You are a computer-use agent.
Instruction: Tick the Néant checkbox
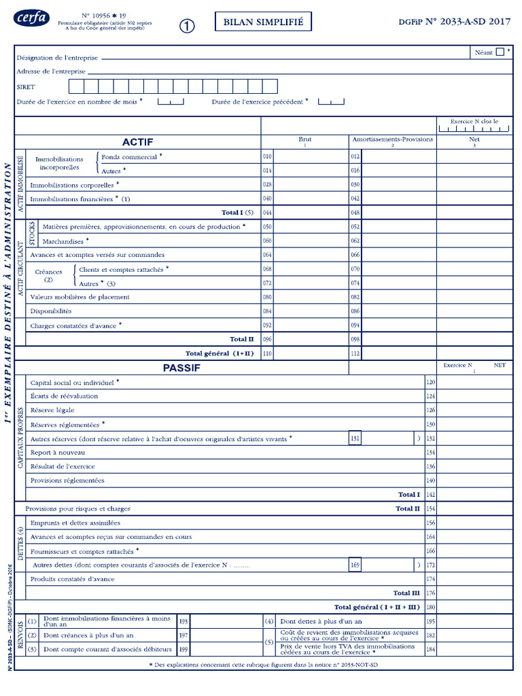500,52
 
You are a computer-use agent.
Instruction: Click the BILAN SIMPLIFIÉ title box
264,22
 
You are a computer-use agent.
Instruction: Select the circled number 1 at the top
187,25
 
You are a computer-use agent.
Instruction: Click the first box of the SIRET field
76,86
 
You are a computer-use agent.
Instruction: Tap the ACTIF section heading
137,142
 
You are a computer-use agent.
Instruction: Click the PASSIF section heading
181,368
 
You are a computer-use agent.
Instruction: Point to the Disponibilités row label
51,311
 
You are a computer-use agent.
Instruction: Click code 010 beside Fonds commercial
267,156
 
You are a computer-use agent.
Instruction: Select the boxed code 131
355,438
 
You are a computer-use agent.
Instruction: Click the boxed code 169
355,565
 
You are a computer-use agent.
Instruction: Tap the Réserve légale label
52,410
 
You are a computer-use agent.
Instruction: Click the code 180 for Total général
430,607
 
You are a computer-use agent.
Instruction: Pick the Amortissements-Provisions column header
392,139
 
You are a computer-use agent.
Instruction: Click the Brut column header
305,139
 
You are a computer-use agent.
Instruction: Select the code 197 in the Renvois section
183,636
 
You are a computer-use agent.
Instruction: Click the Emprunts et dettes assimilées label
75,523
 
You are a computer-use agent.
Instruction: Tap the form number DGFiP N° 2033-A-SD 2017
454,22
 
